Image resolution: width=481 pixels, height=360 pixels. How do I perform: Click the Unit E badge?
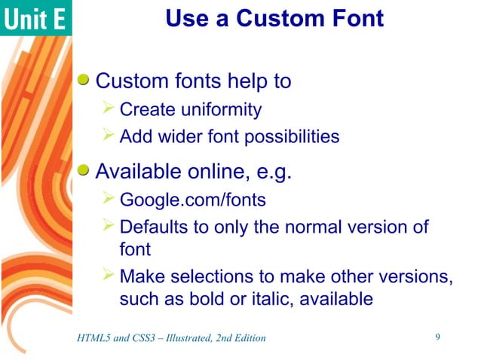[x=35, y=18]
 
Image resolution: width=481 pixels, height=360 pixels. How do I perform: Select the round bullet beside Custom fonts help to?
[x=85, y=80]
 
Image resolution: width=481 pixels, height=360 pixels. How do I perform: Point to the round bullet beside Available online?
[x=85, y=173]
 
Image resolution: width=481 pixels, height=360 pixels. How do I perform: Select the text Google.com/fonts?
[x=192, y=201]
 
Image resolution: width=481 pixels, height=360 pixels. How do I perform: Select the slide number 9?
[x=438, y=337]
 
